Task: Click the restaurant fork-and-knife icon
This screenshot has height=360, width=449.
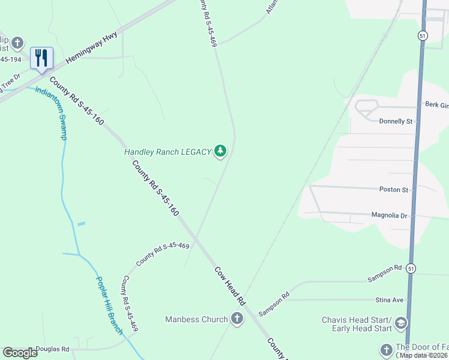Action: pyautogui.click(x=41, y=58)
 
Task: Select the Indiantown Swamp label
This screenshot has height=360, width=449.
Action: pyautogui.click(x=51, y=113)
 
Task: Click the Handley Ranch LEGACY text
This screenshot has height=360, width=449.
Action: pyautogui.click(x=167, y=152)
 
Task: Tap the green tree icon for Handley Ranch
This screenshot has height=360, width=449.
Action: pyautogui.click(x=220, y=151)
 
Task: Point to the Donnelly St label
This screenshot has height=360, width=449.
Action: pyautogui.click(x=396, y=121)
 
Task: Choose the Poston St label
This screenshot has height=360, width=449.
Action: pyautogui.click(x=393, y=190)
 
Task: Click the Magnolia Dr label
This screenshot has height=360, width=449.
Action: pyautogui.click(x=389, y=215)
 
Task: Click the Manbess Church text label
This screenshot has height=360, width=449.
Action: pyautogui.click(x=196, y=319)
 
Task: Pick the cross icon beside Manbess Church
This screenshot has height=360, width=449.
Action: pyautogui.click(x=237, y=319)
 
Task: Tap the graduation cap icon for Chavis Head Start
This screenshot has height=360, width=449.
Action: pyautogui.click(x=400, y=324)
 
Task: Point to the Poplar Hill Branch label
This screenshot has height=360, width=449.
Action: pyautogui.click(x=110, y=305)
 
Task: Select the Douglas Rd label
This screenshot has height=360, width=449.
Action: pyautogui.click(x=52, y=349)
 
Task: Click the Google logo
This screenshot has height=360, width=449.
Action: pyautogui.click(x=20, y=353)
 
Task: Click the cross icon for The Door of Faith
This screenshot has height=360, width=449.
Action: pyautogui.click(x=386, y=349)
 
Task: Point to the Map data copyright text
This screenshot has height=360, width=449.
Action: pyautogui.click(x=423, y=355)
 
